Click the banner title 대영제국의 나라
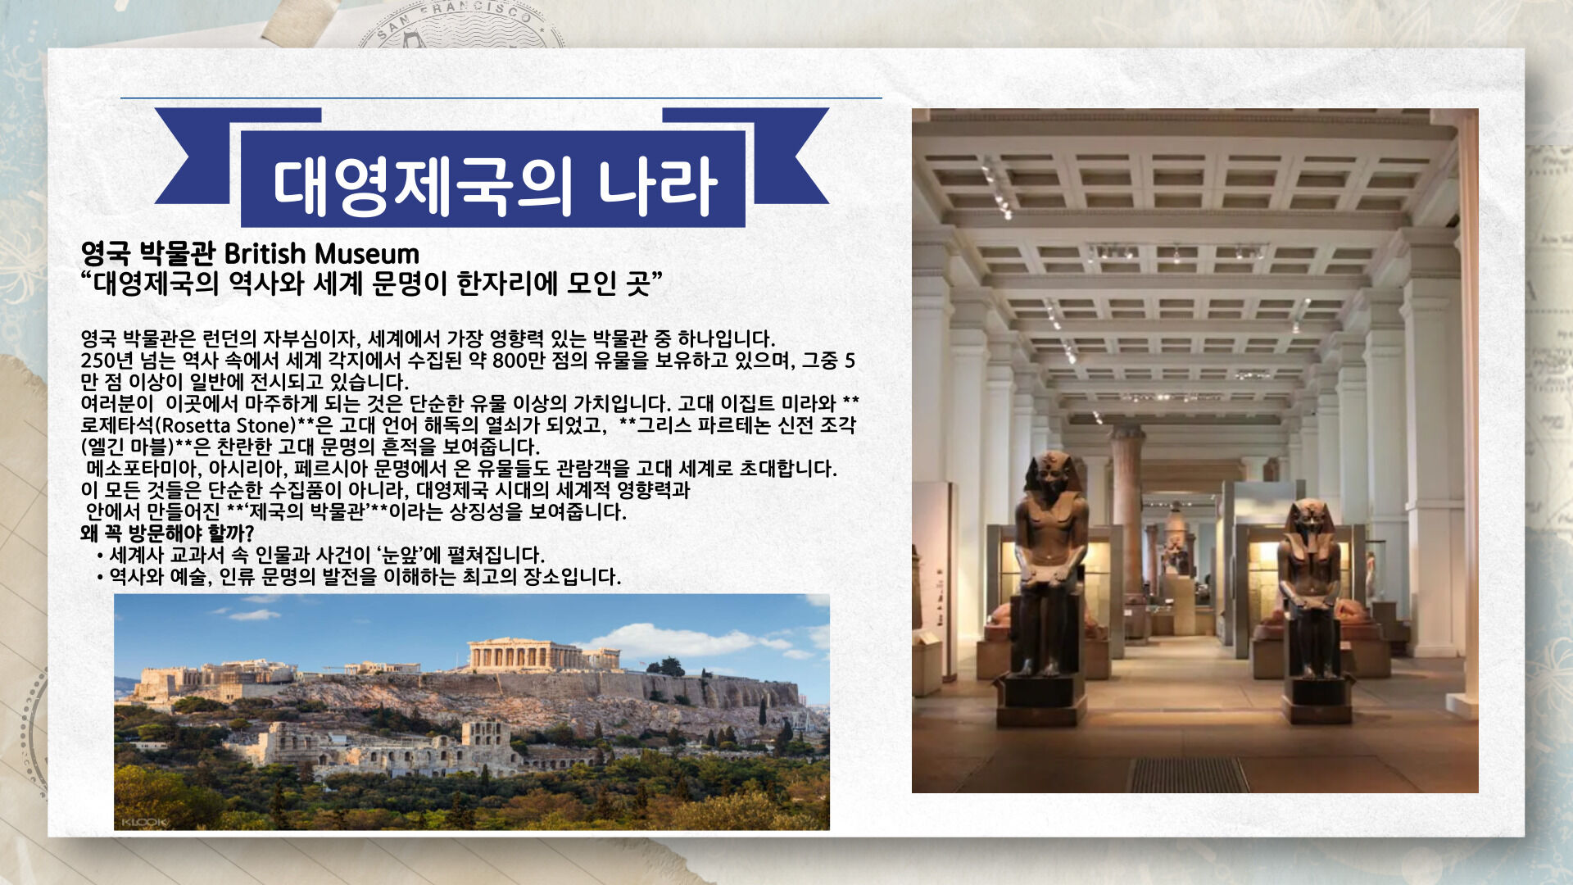coord(495,187)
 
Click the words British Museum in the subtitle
coord(321,254)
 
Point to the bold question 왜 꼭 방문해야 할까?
coord(167,533)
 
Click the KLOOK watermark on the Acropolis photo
coord(144,822)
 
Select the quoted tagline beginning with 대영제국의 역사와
coord(372,284)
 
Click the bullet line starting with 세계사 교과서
coord(321,556)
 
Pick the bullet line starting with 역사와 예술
coord(359,577)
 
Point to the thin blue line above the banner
coord(501,98)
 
